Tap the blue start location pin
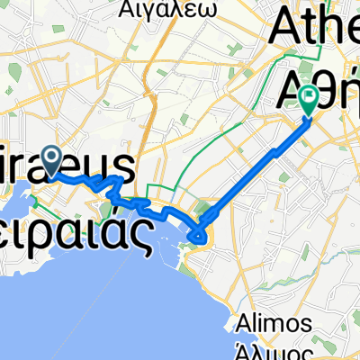(x=51, y=161)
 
